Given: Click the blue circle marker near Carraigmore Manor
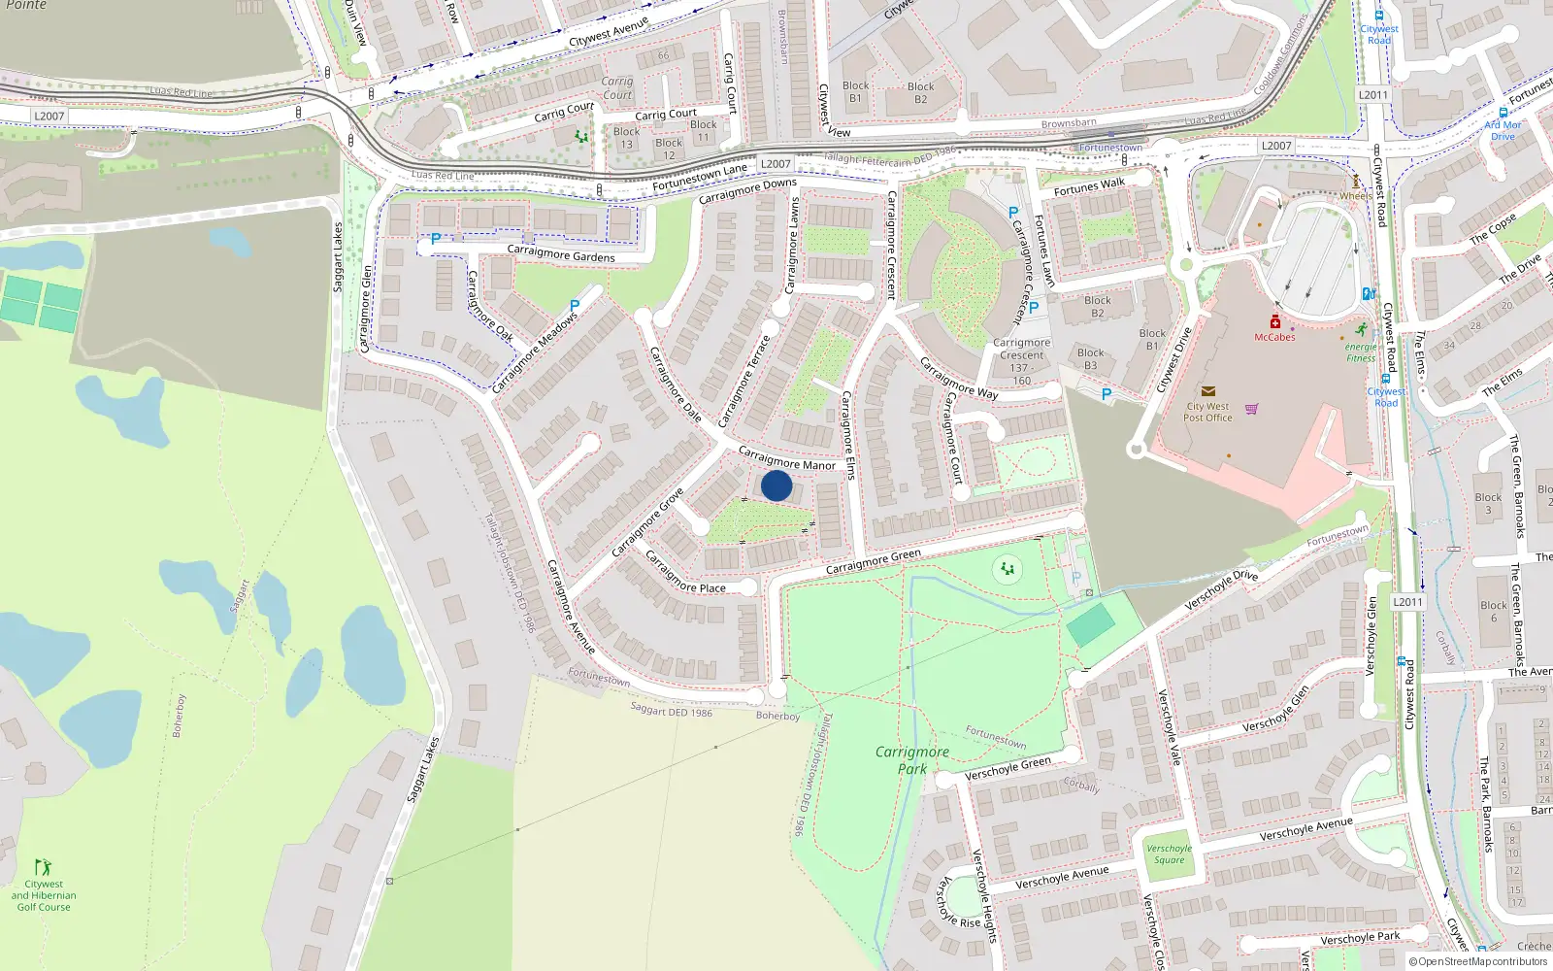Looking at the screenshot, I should (x=776, y=485).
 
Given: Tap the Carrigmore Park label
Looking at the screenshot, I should (x=912, y=760).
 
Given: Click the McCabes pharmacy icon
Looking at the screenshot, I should (x=1274, y=321).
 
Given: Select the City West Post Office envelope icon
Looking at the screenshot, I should (x=1207, y=391).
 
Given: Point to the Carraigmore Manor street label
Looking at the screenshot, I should (x=786, y=458).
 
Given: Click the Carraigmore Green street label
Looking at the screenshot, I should (x=873, y=562).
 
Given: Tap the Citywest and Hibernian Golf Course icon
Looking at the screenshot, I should (x=43, y=866).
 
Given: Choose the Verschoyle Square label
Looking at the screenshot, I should (x=1169, y=854).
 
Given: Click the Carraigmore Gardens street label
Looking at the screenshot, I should (x=561, y=254).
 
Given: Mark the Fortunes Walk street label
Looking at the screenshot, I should (x=1089, y=186).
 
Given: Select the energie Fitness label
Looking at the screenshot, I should (x=1361, y=352).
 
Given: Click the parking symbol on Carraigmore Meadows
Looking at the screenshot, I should (x=575, y=306).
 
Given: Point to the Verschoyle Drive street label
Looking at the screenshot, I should (x=1221, y=590).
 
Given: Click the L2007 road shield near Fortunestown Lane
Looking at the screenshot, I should (x=776, y=164).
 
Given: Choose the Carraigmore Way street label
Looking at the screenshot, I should (x=958, y=379).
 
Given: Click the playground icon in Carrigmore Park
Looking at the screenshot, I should (x=1008, y=569).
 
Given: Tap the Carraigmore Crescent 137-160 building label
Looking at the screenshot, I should (x=1021, y=361).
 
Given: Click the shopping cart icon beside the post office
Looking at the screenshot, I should (x=1251, y=409).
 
